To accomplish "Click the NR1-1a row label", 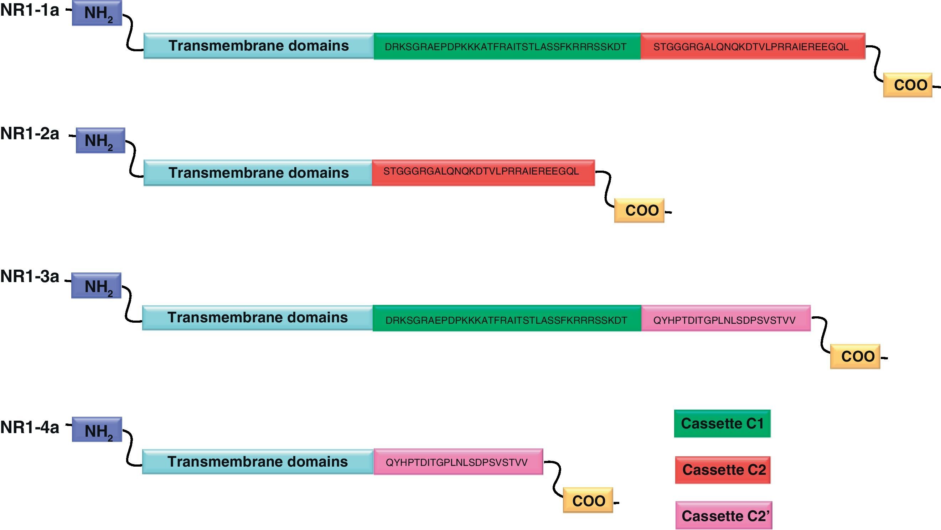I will [x=30, y=10].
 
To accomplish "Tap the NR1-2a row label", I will [x=30, y=134].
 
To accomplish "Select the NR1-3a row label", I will [x=30, y=276].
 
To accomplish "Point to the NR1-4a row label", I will [x=30, y=427].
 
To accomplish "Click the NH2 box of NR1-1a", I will [x=97, y=13].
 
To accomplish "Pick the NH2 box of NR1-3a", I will [x=97, y=286].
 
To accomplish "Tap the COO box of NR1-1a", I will [x=908, y=85].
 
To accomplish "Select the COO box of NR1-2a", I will [x=639, y=211].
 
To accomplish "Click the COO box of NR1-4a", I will [x=588, y=500].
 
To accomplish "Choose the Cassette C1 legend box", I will [x=722, y=424].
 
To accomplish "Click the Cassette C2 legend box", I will [x=723, y=470].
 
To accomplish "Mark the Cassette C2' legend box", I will [x=724, y=515].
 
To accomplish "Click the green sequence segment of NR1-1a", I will [x=507, y=46].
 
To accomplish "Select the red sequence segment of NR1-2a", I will [x=483, y=172].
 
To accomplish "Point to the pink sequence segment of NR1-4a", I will [x=458, y=462].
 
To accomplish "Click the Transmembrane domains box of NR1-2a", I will [x=258, y=173].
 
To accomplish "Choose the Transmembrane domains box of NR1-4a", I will [x=258, y=462].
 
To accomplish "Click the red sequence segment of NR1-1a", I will [x=753, y=46].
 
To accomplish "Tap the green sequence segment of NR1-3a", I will [x=507, y=318].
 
